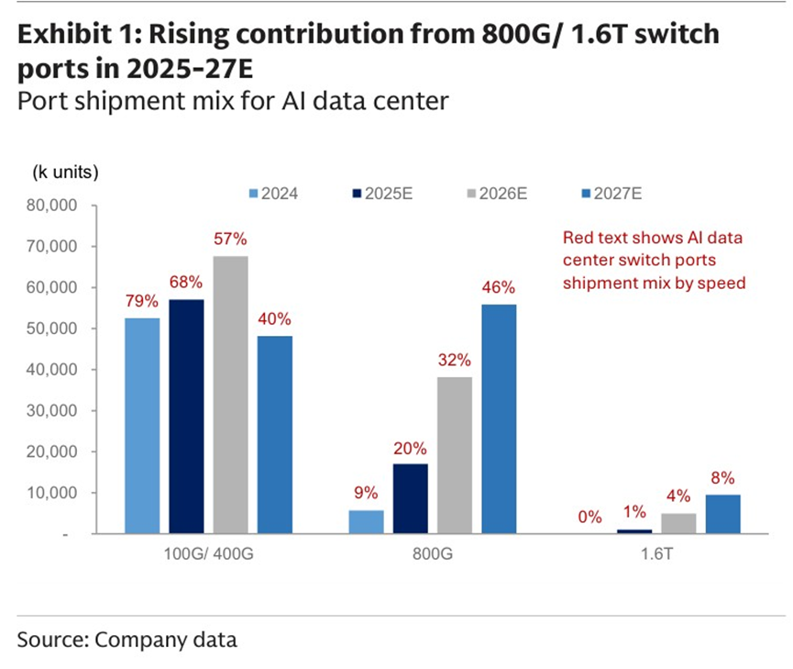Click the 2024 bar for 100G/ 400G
142,426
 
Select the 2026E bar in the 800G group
455,455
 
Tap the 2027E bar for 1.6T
721,514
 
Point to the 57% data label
230,240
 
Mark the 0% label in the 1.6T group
590,517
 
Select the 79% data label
142,301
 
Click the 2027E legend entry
611,194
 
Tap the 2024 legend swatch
254,194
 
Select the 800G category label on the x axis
433,555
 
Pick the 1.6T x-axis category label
655,555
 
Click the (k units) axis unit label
65,172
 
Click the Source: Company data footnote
127,640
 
